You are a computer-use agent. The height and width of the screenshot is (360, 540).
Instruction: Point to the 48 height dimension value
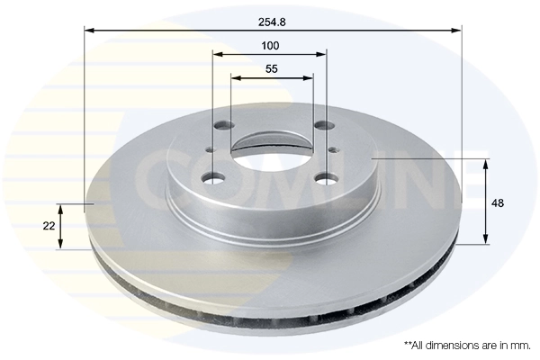[x=498, y=203]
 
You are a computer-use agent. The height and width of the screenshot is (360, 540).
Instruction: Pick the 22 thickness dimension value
[x=49, y=225]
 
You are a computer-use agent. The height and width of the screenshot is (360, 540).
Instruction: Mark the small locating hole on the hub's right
[x=332, y=149]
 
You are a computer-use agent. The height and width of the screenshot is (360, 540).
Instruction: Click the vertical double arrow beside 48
[x=486, y=202]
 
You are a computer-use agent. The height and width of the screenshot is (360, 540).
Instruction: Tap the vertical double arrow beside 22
[x=62, y=226]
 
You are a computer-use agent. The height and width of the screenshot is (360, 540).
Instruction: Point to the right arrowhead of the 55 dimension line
[x=310, y=77]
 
